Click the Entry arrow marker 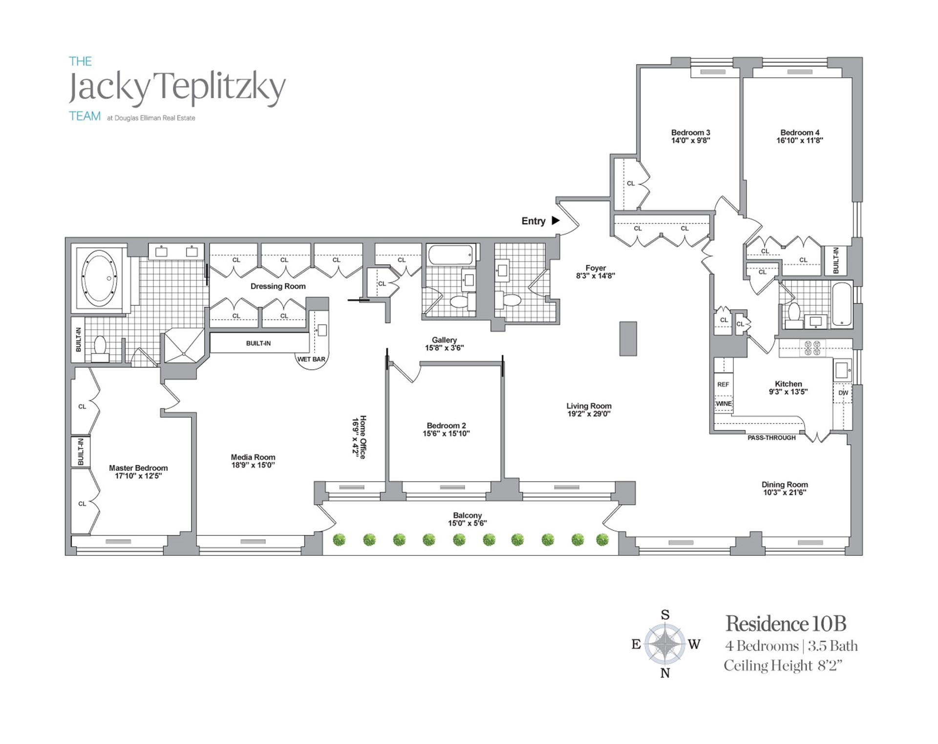[x=555, y=220]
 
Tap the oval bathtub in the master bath [x=100, y=278]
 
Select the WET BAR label [x=311, y=359]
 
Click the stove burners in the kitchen [x=811, y=347]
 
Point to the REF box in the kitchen [x=723, y=384]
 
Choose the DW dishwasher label [x=843, y=393]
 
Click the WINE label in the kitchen [x=724, y=404]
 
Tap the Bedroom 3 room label [x=690, y=132]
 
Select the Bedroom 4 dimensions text [x=800, y=140]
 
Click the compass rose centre [x=664, y=644]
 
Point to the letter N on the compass [x=665, y=673]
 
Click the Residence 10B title [x=785, y=623]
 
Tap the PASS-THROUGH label [x=771, y=438]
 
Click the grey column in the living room [x=628, y=339]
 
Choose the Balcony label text [x=467, y=515]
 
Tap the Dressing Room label [x=278, y=286]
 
